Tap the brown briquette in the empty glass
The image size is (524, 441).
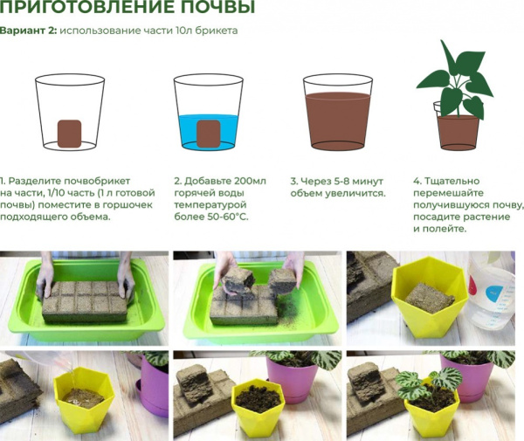[69, 132]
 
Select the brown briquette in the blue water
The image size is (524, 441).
[207, 133]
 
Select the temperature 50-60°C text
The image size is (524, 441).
[226, 216]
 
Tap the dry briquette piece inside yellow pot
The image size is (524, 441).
[431, 298]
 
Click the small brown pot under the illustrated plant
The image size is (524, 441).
[458, 130]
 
